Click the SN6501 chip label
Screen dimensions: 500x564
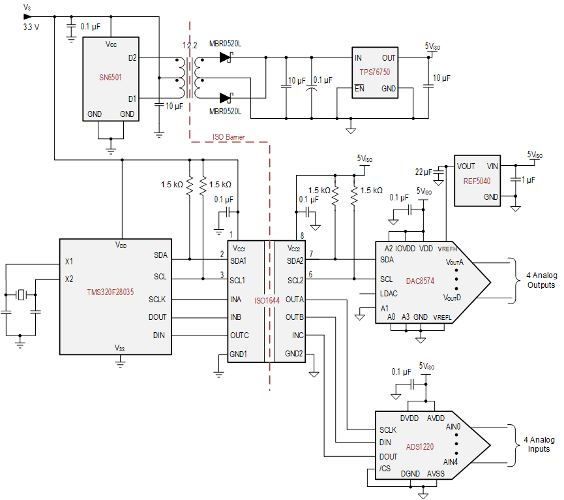[x=110, y=77]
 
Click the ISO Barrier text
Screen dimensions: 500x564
[x=228, y=138]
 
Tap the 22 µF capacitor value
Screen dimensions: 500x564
[x=424, y=172]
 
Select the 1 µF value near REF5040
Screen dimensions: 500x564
[x=528, y=179]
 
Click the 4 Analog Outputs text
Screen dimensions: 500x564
[x=536, y=280]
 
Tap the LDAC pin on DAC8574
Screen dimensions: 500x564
[x=390, y=293]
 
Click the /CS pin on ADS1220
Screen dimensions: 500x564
[x=385, y=468]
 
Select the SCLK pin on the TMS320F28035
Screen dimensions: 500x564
[x=157, y=299]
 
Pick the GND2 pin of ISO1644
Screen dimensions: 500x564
[x=293, y=353]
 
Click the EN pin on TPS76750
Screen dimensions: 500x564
[x=359, y=88]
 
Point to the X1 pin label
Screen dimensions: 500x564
[x=69, y=261]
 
